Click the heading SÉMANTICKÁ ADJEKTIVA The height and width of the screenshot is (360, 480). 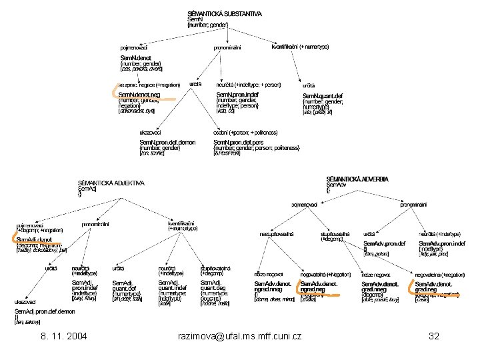[x=111, y=183]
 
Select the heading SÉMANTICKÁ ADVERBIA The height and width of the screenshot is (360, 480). [x=357, y=179]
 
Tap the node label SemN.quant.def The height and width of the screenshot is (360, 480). [x=323, y=95]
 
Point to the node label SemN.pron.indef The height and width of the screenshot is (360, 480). [x=237, y=95]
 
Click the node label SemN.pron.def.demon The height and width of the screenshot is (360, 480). [x=167, y=143]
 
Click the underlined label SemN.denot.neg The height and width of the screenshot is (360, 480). [x=139, y=95]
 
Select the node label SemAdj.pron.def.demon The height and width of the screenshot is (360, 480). [x=46, y=311]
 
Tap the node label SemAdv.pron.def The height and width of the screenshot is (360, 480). [x=384, y=243]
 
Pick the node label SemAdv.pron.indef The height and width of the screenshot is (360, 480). [x=440, y=243]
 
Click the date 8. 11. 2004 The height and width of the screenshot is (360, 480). [x=63, y=336]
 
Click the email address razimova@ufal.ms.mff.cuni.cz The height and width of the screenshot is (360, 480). [x=240, y=336]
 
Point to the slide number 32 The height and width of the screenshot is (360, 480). [x=433, y=336]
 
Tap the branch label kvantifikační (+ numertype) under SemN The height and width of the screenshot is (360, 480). [x=300, y=47]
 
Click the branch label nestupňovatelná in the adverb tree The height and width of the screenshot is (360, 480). [x=277, y=235]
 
